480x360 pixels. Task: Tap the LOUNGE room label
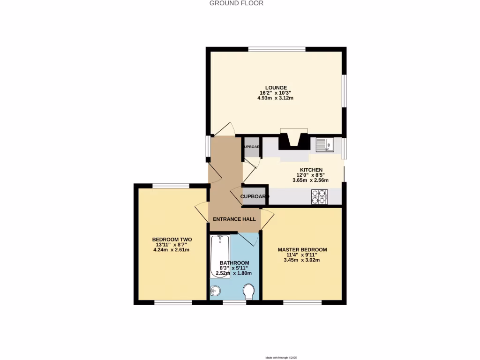coord(276,87)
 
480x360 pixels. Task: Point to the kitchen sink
coord(324,145)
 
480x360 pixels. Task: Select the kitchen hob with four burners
coord(319,197)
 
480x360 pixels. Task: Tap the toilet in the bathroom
coord(249,292)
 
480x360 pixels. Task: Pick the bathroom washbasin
coord(216,291)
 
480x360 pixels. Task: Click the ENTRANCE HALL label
coord(234,219)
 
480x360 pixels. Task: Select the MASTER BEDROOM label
coord(302,249)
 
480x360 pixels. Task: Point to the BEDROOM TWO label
coord(165,239)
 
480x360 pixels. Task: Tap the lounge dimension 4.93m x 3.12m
coord(276,98)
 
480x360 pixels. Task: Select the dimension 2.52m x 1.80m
coord(233,273)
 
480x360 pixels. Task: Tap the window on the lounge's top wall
coord(277,49)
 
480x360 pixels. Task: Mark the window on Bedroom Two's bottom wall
coord(173,302)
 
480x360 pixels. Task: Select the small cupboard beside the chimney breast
coord(252,147)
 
